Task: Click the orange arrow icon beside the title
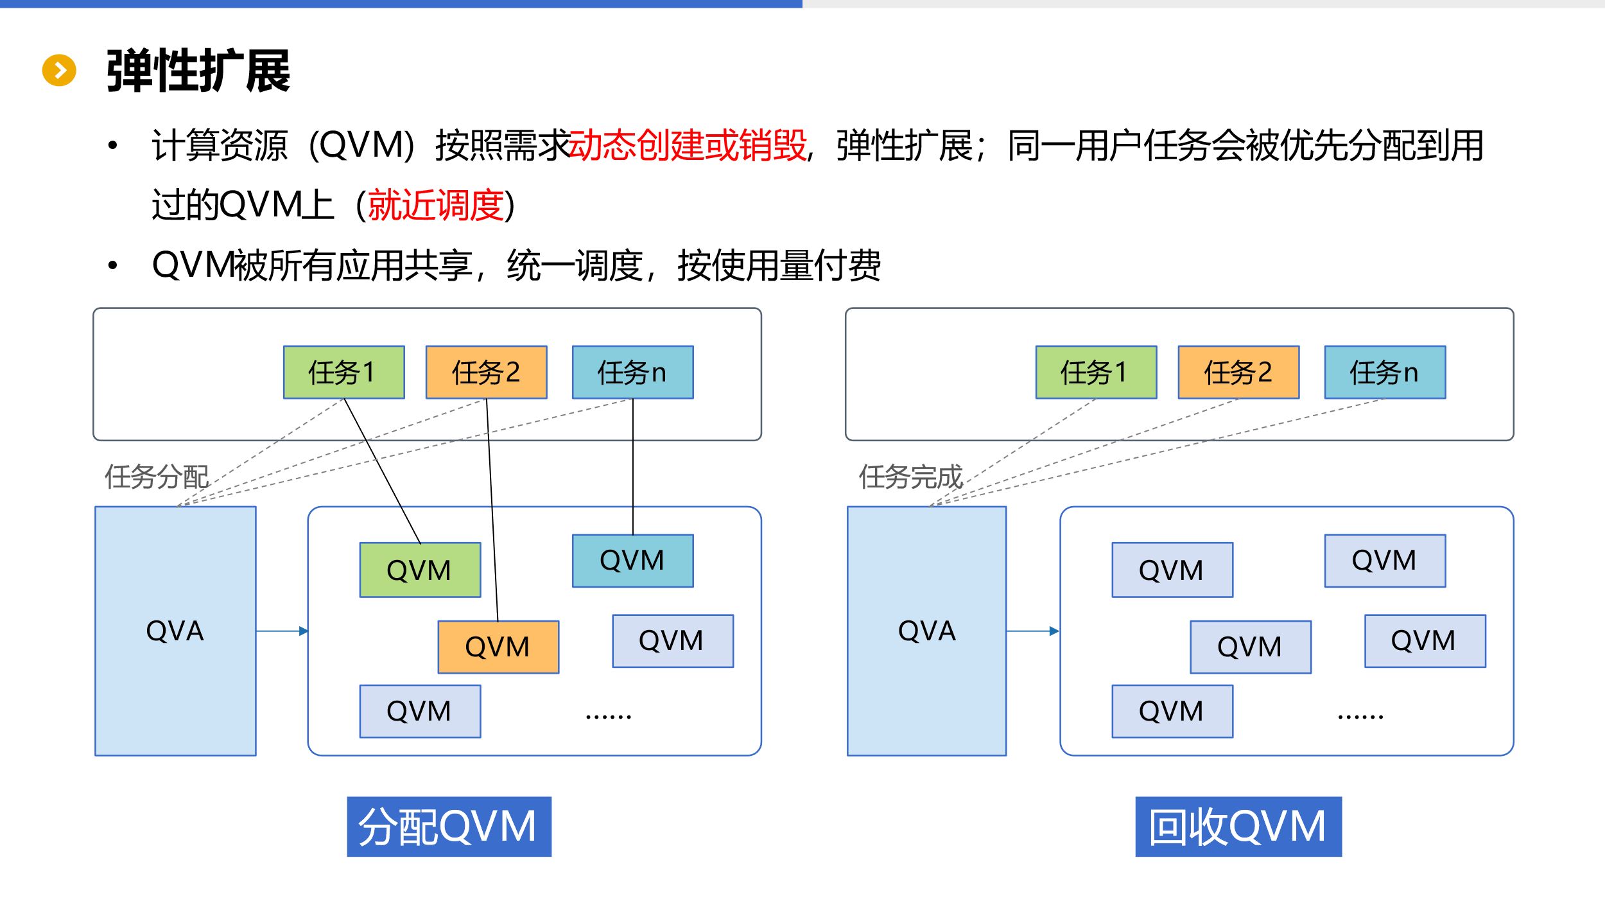point(59,70)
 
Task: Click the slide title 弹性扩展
point(198,71)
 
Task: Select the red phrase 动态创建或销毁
point(688,145)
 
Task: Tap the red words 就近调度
point(436,206)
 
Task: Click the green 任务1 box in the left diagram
point(343,373)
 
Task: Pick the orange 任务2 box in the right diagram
point(1238,373)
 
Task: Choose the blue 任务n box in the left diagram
point(632,373)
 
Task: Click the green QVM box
point(420,570)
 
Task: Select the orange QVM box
point(498,647)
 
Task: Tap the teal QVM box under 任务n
point(632,561)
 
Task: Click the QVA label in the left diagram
point(175,631)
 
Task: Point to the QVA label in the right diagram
point(926,631)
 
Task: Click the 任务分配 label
point(157,477)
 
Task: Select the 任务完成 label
point(910,477)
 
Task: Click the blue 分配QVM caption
point(449,827)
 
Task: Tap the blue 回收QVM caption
point(1238,827)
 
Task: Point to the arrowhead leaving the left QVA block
point(304,631)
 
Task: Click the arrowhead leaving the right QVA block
point(1054,631)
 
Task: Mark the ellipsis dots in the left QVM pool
point(608,716)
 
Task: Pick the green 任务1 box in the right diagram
point(1096,373)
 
